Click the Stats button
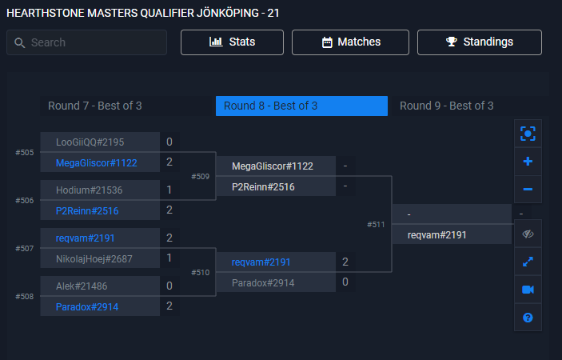(232, 42)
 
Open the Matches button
(350, 42)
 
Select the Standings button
(480, 42)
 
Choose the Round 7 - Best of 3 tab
(94, 106)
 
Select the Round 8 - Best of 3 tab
(270, 106)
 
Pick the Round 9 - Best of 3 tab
(446, 106)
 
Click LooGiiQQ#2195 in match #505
(90, 142)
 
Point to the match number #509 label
(200, 176)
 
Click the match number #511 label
(376, 225)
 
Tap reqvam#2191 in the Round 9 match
(436, 235)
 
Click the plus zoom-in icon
(528, 161)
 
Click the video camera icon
(528, 290)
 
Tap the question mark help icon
(528, 318)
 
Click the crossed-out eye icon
(528, 234)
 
